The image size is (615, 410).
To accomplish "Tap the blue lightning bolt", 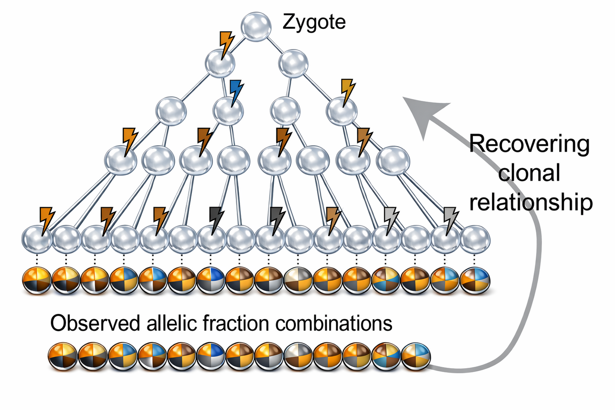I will click(236, 93).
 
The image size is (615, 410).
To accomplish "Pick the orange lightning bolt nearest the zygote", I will click(226, 45).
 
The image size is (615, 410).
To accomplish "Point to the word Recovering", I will click(529, 145).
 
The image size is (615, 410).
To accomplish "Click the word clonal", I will click(529, 173).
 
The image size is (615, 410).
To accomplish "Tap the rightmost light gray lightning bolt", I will click(450, 220).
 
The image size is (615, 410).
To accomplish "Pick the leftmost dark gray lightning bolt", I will click(218, 220).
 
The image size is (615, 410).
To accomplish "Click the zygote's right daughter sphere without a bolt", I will click(293, 63).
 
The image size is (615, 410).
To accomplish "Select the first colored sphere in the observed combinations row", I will click(62, 358).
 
